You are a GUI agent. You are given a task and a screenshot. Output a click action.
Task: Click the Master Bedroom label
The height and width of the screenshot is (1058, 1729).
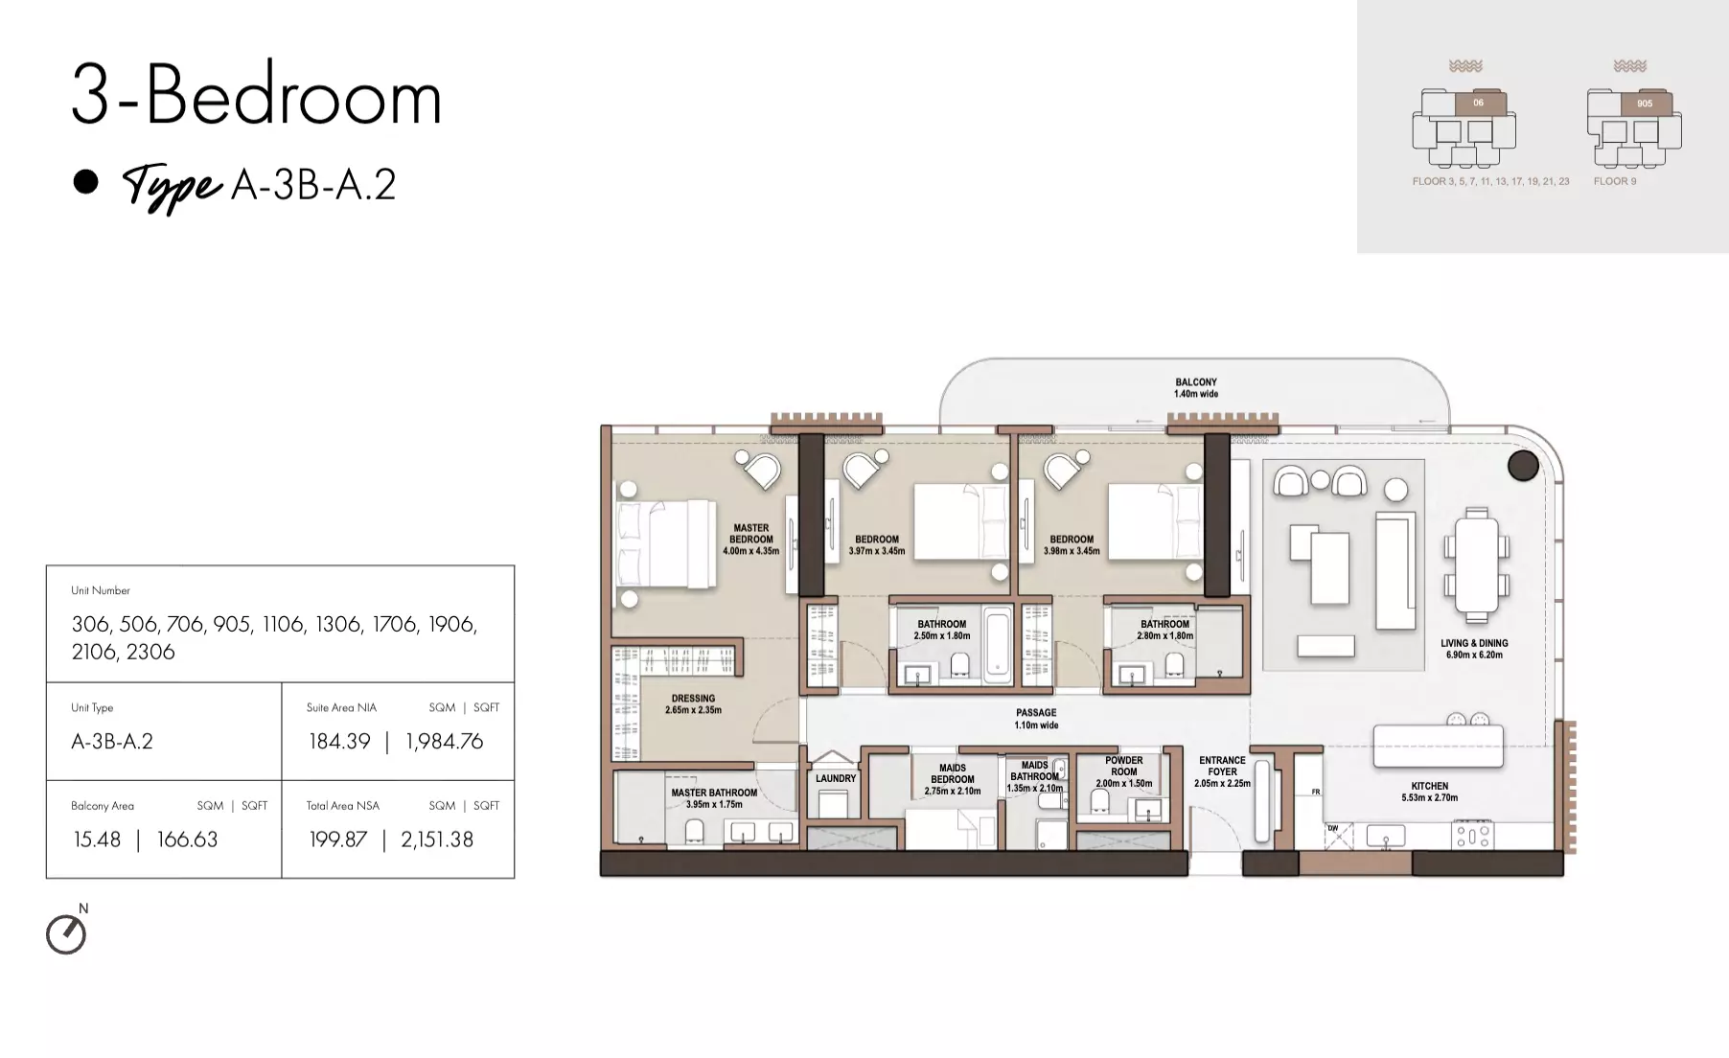751,540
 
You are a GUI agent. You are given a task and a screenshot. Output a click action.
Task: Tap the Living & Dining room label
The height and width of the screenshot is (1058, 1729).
1474,649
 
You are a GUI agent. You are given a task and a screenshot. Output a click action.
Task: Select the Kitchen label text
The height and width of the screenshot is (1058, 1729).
1429,792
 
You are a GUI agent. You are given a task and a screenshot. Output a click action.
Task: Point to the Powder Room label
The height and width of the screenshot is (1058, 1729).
1124,771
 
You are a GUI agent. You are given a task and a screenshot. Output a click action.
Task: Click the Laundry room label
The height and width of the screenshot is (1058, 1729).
836,778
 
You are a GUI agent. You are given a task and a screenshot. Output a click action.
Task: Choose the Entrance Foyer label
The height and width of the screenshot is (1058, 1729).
1222,771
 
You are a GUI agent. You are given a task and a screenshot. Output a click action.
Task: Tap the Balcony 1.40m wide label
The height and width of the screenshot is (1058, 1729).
1196,387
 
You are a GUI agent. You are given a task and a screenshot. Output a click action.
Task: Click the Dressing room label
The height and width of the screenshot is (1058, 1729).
693,704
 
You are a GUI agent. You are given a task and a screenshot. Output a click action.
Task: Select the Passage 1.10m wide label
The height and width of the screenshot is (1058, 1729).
1036,719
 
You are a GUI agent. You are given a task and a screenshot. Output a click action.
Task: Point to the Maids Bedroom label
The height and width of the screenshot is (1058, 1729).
953,779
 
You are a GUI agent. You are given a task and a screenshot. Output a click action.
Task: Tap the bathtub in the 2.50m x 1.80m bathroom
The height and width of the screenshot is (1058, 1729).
998,644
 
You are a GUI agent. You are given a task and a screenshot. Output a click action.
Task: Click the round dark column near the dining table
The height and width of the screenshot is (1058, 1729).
1523,466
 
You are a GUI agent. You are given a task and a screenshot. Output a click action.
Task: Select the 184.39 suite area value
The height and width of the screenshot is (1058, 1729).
339,741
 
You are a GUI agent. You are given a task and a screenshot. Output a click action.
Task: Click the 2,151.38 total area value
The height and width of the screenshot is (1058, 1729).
437,839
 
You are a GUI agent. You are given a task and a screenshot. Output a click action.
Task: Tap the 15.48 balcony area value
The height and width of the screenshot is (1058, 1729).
97,839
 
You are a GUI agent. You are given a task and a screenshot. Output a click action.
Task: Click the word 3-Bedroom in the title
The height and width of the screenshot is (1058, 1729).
257,96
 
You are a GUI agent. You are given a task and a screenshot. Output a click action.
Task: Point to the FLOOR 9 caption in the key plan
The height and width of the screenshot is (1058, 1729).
1615,181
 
